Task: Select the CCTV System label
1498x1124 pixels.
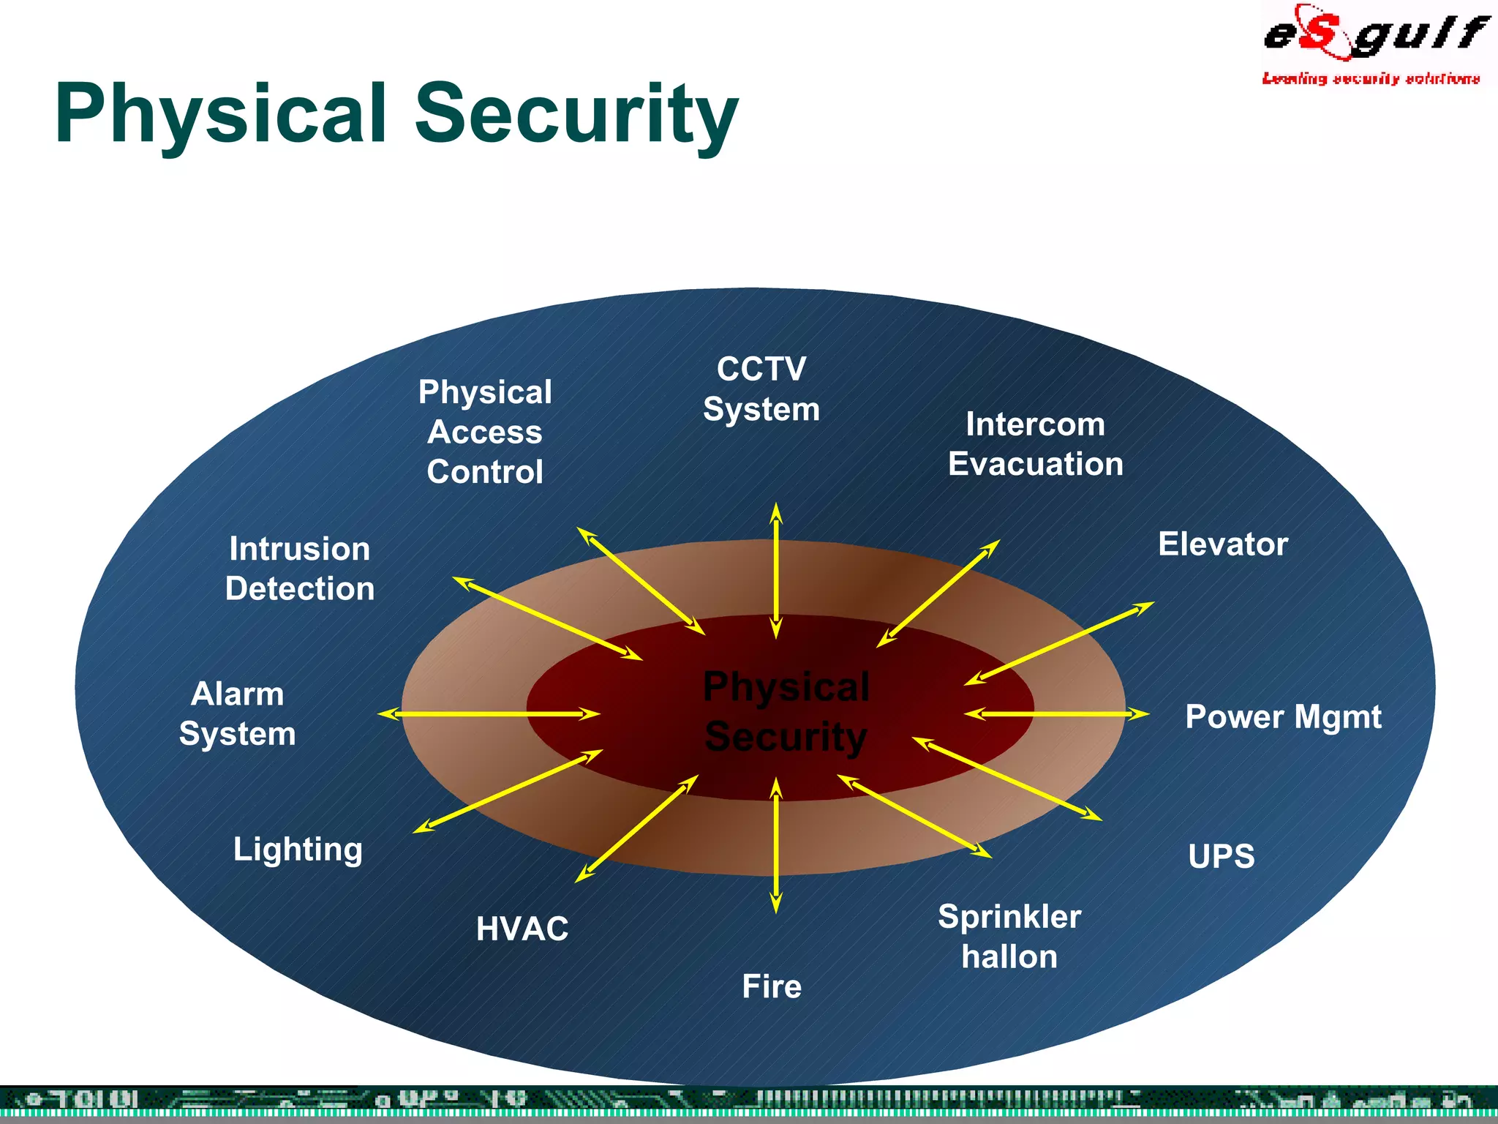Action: point(761,389)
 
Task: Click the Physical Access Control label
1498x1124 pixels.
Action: point(485,432)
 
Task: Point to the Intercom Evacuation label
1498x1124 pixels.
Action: point(1035,444)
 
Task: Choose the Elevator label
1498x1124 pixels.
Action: point(1223,544)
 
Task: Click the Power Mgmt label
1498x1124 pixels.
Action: point(1283,716)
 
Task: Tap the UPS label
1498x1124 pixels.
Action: point(1221,856)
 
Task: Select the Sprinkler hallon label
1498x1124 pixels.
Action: point(1009,937)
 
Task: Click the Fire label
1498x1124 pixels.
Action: point(772,986)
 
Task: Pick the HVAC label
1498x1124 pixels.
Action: point(522,929)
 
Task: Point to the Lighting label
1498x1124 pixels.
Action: point(298,850)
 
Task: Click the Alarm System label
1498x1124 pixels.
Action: point(237,713)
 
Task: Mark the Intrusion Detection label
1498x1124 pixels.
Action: point(299,569)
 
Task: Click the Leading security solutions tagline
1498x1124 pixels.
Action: point(1371,78)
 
